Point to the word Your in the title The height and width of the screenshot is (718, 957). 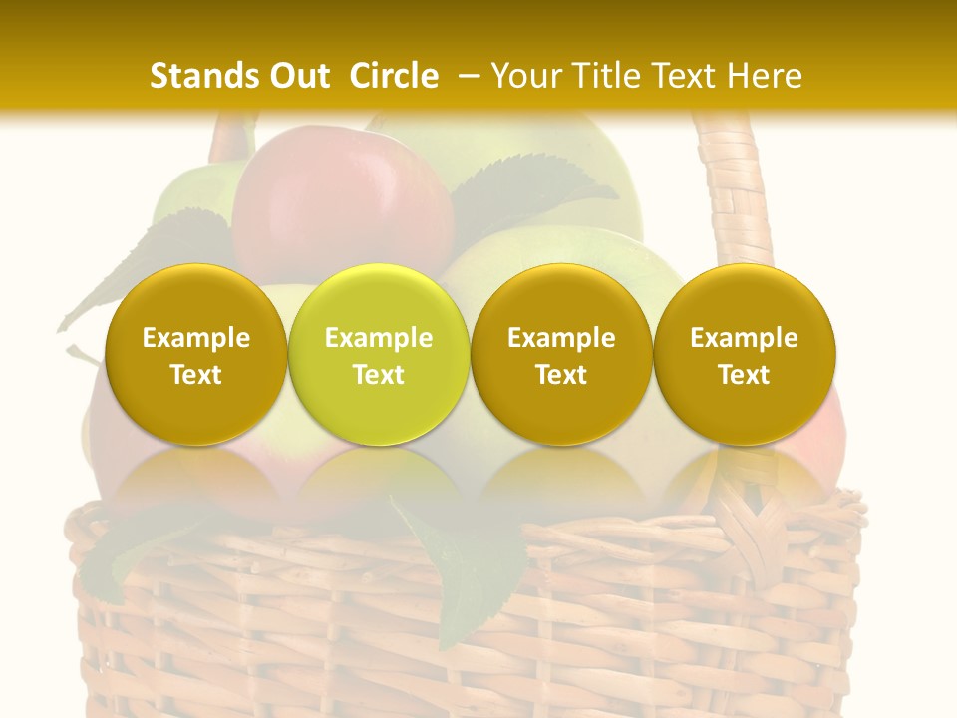(522, 76)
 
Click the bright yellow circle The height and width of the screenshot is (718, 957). (379, 354)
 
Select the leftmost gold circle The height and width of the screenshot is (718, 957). (196, 354)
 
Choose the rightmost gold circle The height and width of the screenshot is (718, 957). (745, 354)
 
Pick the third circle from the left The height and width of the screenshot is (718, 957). (561, 354)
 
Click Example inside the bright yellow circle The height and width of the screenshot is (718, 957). (379, 338)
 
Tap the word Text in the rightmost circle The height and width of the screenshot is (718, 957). (745, 375)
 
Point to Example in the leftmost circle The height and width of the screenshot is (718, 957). (196, 338)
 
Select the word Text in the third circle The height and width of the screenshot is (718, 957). (561, 375)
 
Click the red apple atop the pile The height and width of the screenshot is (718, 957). (339, 199)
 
